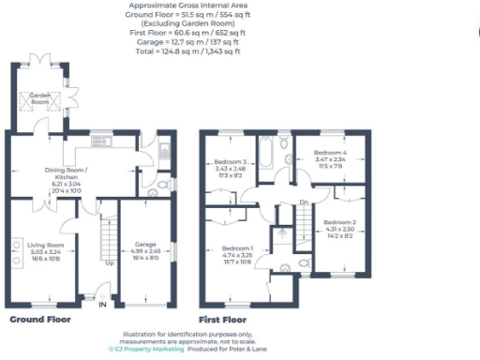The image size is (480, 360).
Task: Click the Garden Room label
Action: click(39, 96)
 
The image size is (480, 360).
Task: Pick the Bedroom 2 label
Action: click(337, 224)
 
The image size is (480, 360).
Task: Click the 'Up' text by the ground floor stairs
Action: click(109, 262)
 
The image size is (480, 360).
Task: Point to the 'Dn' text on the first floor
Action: click(303, 202)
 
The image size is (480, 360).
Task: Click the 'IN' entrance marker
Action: click(103, 303)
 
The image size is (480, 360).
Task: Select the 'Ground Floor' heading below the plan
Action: click(40, 319)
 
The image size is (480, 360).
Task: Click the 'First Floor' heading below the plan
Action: click(222, 319)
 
